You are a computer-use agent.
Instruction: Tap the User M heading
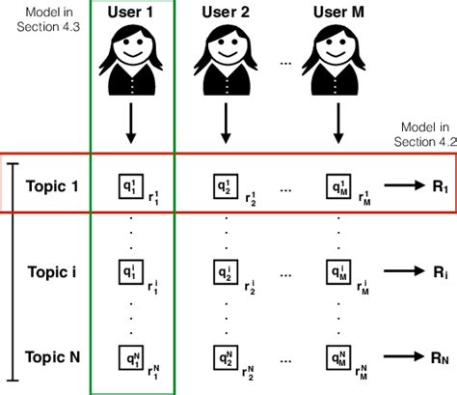point(339,13)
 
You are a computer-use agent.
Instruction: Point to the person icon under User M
point(338,60)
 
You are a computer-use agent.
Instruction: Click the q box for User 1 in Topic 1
point(128,183)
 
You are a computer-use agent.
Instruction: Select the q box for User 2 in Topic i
point(224,269)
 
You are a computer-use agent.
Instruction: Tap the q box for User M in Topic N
point(336,356)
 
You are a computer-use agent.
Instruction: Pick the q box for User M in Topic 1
point(336,183)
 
